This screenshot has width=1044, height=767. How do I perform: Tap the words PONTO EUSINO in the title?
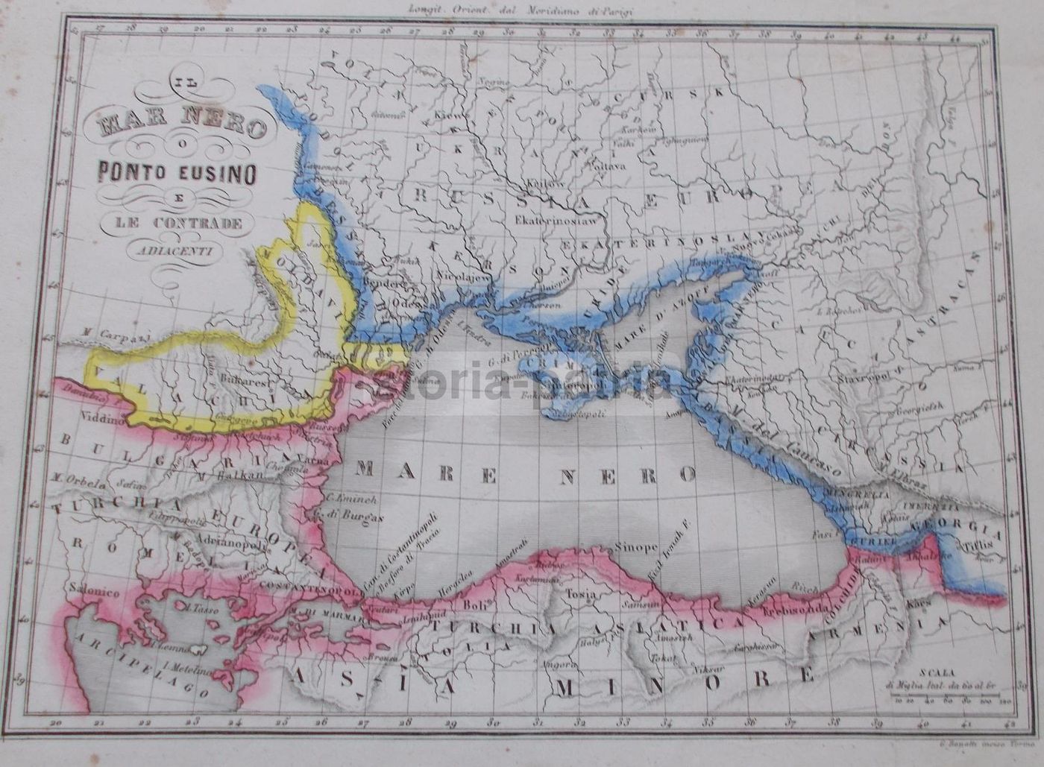(177, 173)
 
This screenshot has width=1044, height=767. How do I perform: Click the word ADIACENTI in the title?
(177, 250)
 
